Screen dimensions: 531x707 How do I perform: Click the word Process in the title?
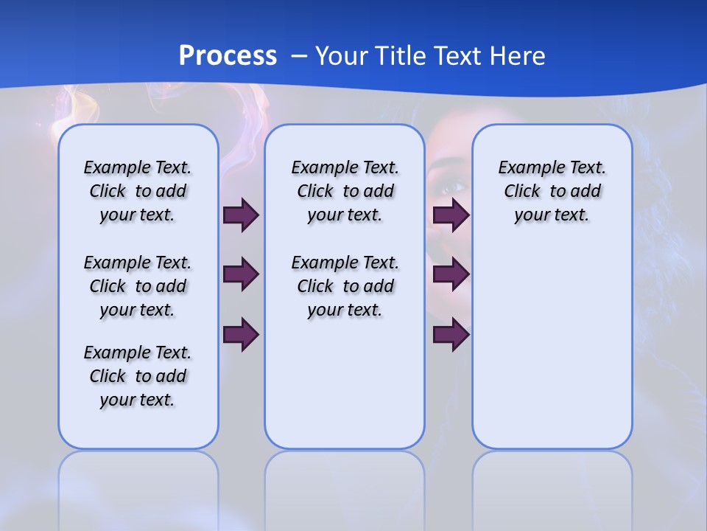click(x=228, y=56)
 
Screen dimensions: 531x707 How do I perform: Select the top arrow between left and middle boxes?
click(x=241, y=215)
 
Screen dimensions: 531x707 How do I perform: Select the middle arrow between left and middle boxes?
click(x=241, y=275)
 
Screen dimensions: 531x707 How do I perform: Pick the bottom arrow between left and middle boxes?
click(x=241, y=335)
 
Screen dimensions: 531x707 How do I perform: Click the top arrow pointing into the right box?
click(x=451, y=215)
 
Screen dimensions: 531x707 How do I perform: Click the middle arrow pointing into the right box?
click(x=451, y=275)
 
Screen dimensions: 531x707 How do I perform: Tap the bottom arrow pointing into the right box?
click(x=451, y=335)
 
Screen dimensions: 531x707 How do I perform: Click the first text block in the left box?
click(x=138, y=191)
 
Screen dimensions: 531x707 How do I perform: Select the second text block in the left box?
click(x=138, y=286)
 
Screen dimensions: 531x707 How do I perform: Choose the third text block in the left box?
click(x=138, y=376)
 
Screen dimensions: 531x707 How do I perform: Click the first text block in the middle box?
click(x=345, y=191)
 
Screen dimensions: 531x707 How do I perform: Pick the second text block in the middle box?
click(x=345, y=286)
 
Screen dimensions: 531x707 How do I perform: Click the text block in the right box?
click(x=552, y=191)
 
